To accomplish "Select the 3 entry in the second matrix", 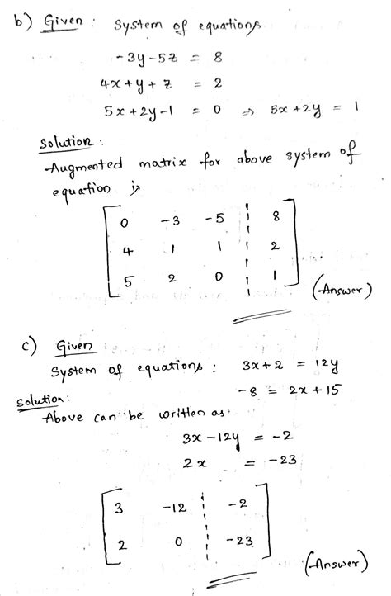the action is [119, 508].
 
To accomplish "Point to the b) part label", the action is [17, 19].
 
